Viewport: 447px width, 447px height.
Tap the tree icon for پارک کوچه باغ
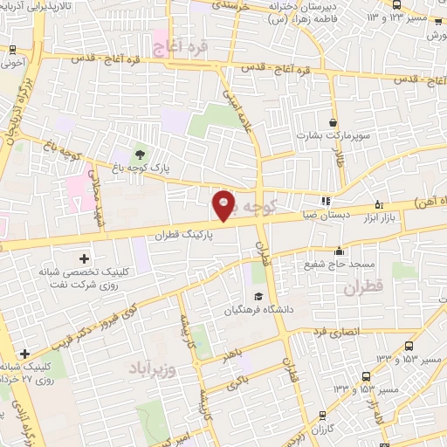(141, 155)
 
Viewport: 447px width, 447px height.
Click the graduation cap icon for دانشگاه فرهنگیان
(259, 298)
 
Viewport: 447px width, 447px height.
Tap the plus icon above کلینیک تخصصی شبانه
(85, 258)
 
